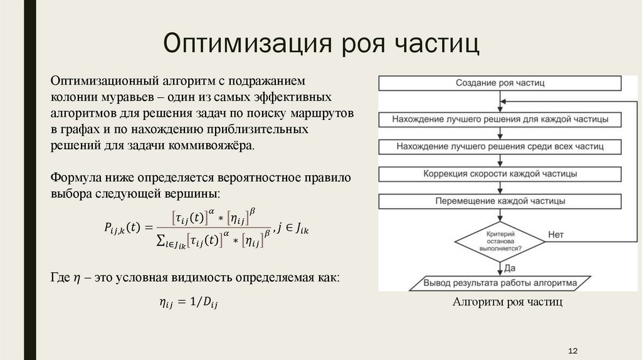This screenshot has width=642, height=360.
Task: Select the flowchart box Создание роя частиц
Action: point(500,83)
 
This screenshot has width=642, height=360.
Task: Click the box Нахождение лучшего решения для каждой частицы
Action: point(500,119)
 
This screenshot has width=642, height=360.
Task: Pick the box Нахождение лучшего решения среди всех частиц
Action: point(500,146)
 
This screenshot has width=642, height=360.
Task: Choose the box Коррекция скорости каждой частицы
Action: point(500,174)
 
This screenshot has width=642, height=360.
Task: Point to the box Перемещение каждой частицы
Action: point(500,201)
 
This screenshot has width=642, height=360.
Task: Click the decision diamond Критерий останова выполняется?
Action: point(500,240)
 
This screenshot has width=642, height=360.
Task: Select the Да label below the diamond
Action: point(510,268)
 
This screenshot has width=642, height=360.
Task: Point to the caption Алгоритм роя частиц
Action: point(507,302)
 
